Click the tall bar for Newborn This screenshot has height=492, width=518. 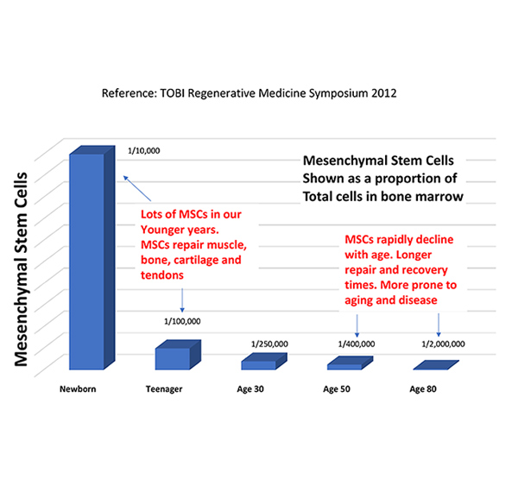point(86,259)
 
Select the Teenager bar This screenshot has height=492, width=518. point(172,358)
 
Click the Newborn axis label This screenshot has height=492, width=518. point(77,389)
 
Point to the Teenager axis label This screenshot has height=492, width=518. point(164,389)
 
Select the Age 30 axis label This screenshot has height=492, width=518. point(251,389)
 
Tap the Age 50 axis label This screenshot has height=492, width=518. point(337,389)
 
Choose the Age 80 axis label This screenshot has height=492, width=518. point(423,389)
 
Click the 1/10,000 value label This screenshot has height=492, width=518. point(143,150)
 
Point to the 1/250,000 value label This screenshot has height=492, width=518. point(269,344)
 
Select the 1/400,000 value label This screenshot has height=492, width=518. point(357,344)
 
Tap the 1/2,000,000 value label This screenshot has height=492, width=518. point(443,344)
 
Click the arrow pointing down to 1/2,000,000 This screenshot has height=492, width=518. point(439,324)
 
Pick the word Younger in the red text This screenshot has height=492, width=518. point(166,230)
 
